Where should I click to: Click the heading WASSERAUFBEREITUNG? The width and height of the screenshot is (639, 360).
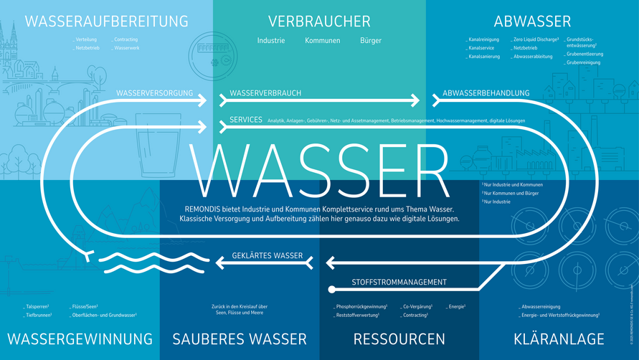click(106, 22)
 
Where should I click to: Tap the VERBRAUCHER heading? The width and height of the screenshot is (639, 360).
click(319, 22)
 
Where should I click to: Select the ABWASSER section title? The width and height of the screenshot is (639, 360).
click(532, 22)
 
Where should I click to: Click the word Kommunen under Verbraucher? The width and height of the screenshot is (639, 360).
click(322, 41)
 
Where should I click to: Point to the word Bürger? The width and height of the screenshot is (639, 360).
click(371, 41)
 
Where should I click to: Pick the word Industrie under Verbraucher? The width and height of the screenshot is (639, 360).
click(271, 41)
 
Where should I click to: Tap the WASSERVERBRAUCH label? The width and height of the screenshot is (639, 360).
click(265, 93)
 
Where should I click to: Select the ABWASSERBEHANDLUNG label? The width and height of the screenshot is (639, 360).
click(486, 93)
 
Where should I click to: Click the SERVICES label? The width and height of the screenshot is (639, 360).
click(245, 120)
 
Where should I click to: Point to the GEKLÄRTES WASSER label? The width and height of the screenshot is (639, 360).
click(268, 256)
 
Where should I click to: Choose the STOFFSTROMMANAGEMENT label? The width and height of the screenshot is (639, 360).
click(399, 282)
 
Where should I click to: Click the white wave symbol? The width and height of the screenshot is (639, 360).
click(152, 262)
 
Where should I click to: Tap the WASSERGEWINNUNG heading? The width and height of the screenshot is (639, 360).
click(80, 338)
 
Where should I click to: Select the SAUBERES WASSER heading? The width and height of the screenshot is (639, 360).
click(239, 338)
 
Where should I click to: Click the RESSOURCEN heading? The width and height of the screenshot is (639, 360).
click(399, 338)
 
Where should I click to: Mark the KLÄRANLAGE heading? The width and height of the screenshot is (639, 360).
click(559, 338)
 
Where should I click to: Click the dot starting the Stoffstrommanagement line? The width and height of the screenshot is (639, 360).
click(331, 290)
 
